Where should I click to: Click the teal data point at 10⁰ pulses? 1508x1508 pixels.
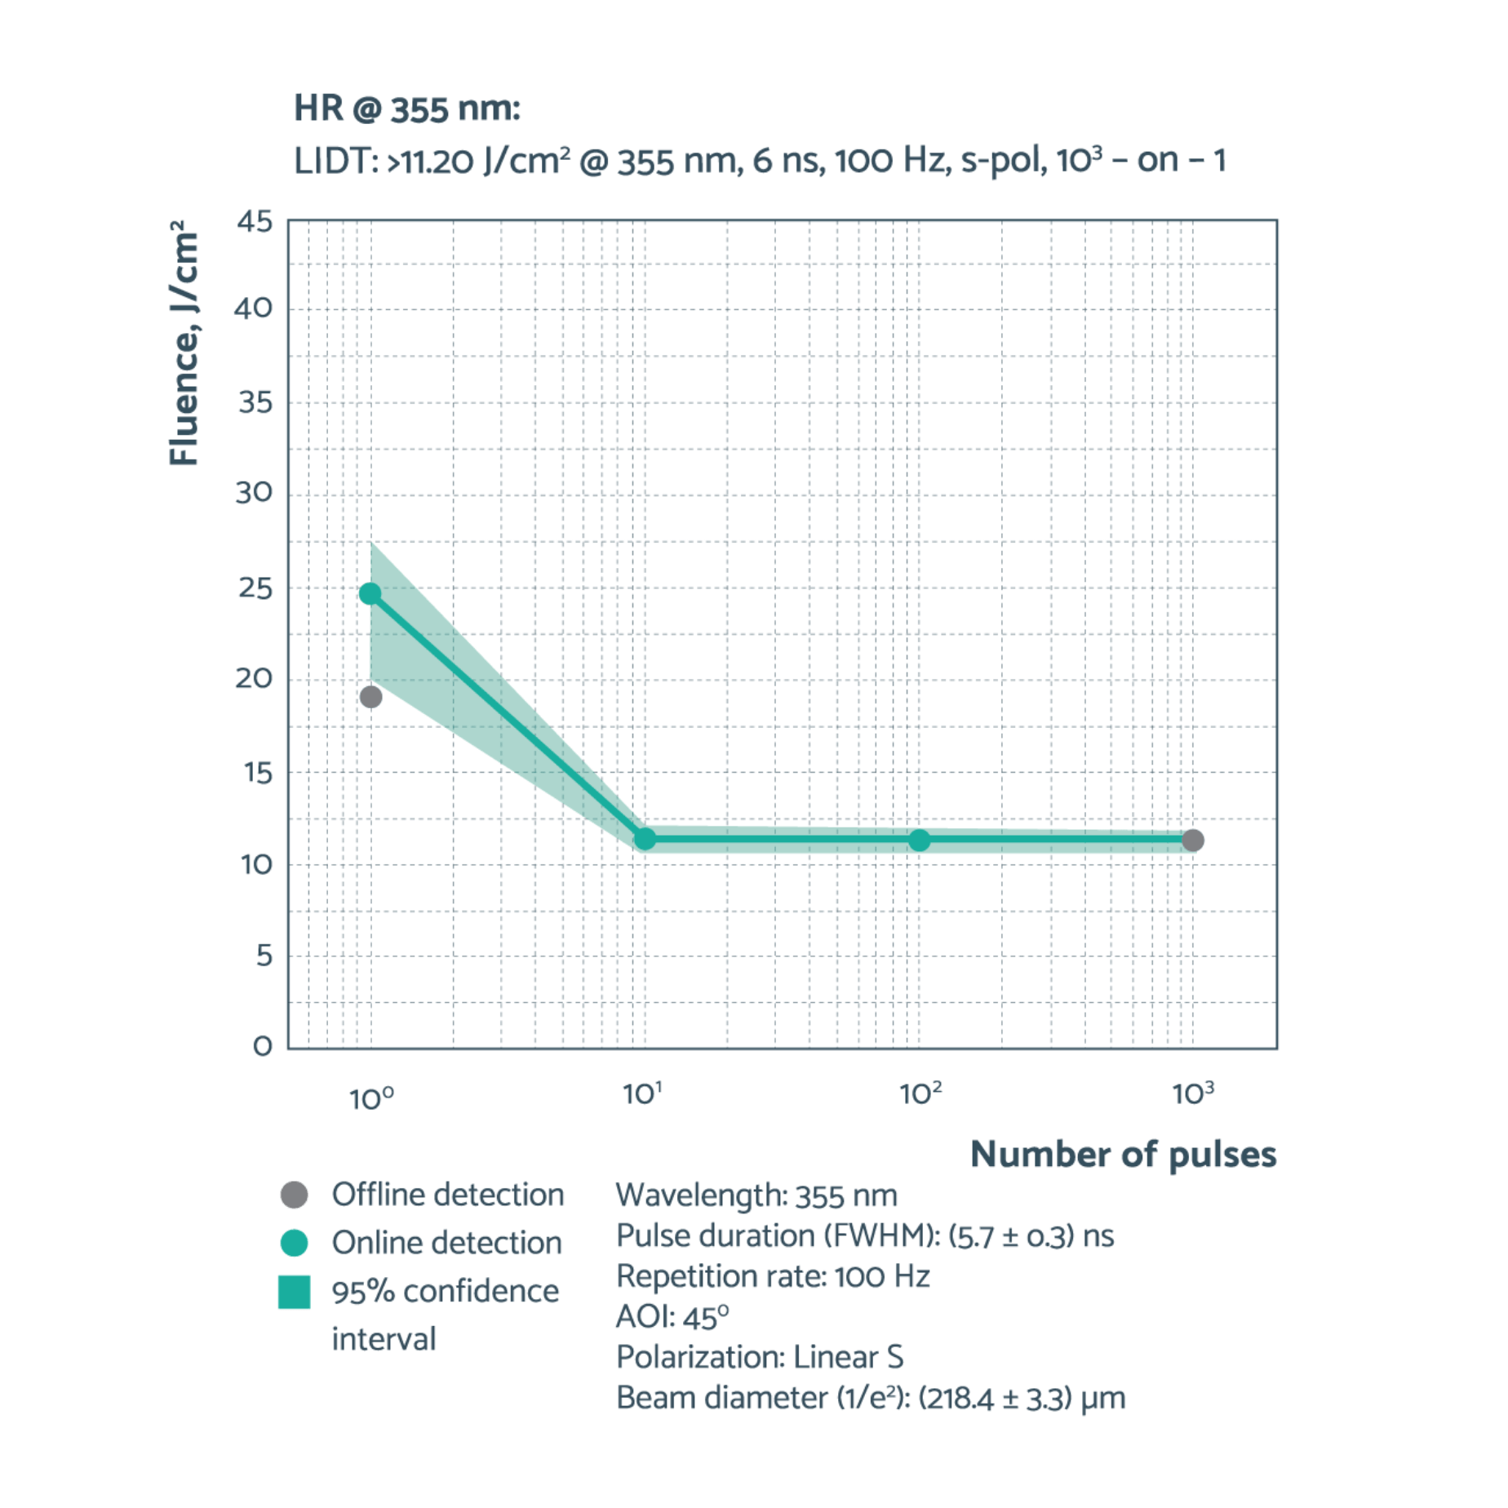pyautogui.click(x=370, y=593)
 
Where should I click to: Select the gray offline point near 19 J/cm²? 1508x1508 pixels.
pyautogui.click(x=371, y=697)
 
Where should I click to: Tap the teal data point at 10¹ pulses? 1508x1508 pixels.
pyautogui.click(x=645, y=839)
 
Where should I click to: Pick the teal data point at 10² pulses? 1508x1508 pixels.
pyautogui.click(x=920, y=840)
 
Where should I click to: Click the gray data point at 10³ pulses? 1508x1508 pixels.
pyautogui.click(x=1193, y=840)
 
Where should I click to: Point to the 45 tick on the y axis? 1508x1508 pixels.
pyautogui.click(x=255, y=221)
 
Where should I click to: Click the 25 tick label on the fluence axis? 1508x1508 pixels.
pyautogui.click(x=255, y=588)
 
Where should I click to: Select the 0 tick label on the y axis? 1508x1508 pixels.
pyautogui.click(x=263, y=1045)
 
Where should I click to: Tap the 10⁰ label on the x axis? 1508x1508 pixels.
pyautogui.click(x=371, y=1098)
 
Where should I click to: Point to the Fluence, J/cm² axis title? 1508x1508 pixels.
pyautogui.click(x=184, y=343)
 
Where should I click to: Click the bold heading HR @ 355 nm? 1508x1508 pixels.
pyautogui.click(x=407, y=109)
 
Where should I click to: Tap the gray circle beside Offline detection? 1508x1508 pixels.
pyautogui.click(x=295, y=1195)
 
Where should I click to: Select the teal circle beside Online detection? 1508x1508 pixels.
pyautogui.click(x=295, y=1243)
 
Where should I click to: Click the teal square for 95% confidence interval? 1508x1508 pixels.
pyautogui.click(x=295, y=1293)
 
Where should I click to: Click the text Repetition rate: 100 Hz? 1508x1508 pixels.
pyautogui.click(x=773, y=1276)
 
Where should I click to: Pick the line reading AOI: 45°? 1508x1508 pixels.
pyautogui.click(x=672, y=1316)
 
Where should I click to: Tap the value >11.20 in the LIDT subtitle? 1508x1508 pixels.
pyautogui.click(x=430, y=162)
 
